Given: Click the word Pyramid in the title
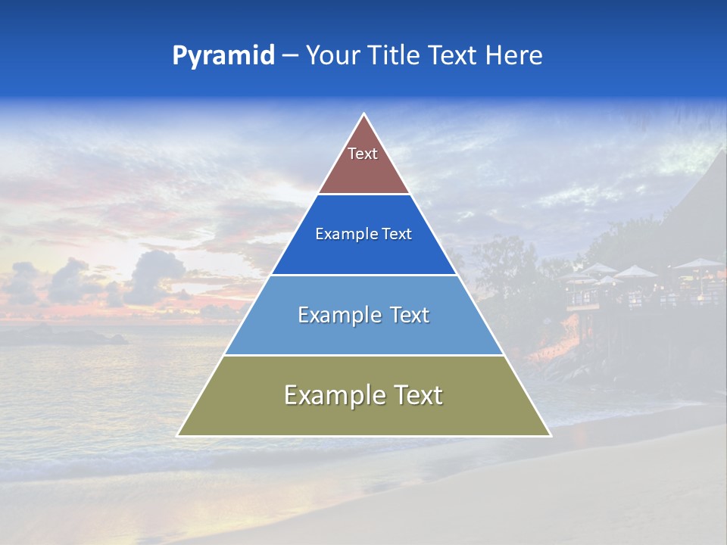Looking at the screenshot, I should click(223, 55).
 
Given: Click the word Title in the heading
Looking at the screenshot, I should click(397, 55).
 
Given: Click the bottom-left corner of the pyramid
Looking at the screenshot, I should click(179, 435).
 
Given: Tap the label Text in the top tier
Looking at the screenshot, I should click(363, 154).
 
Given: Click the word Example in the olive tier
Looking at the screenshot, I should click(330, 395).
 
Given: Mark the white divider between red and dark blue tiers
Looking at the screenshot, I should click(363, 195).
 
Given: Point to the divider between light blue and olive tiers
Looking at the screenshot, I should click(363, 355).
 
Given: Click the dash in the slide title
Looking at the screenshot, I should click(290, 55).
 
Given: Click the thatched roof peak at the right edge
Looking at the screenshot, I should click(719, 155).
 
